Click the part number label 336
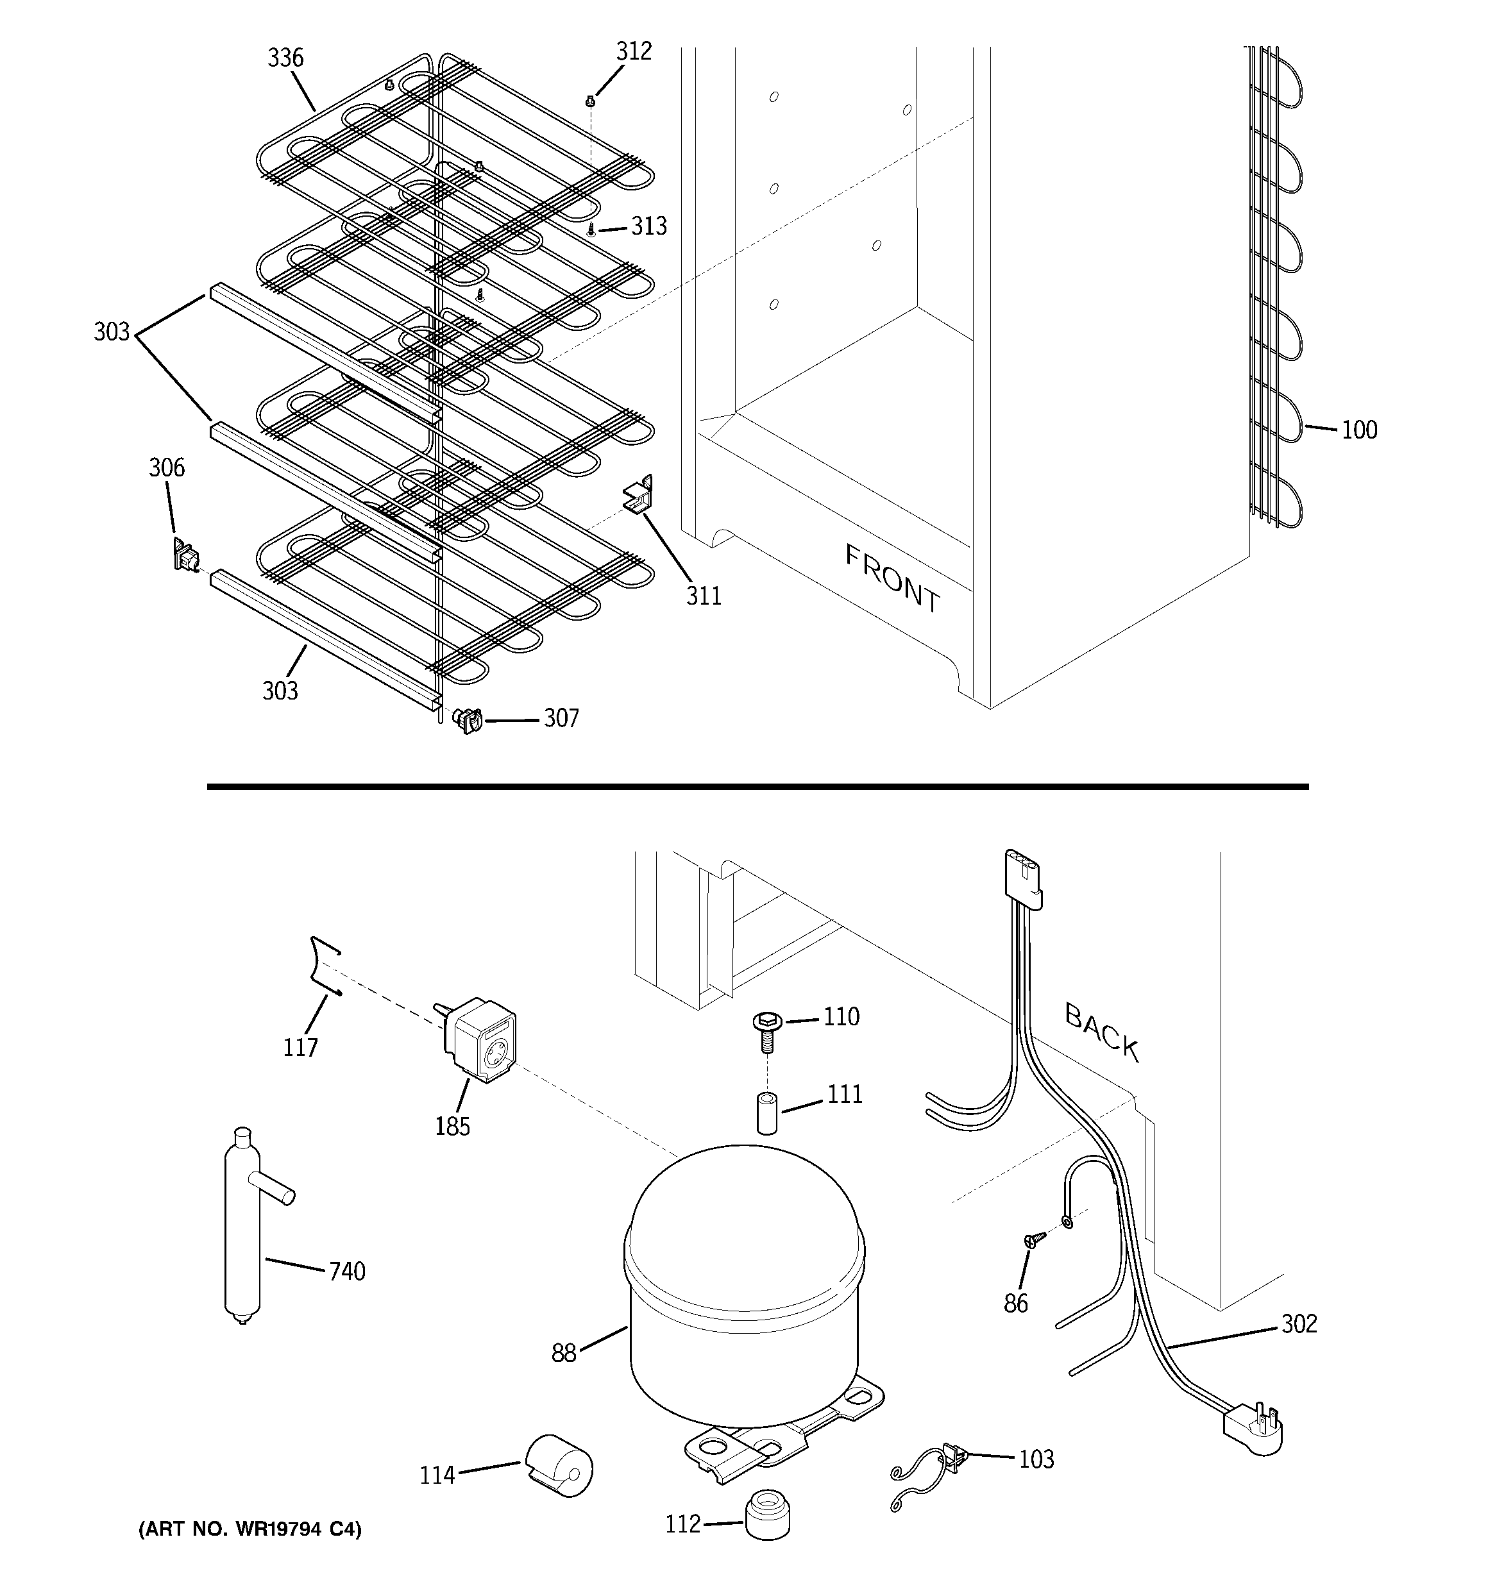click(285, 58)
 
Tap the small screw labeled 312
click(590, 101)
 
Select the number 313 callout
click(648, 227)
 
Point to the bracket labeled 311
click(639, 496)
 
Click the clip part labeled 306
click(185, 554)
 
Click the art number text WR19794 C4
click(250, 1529)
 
